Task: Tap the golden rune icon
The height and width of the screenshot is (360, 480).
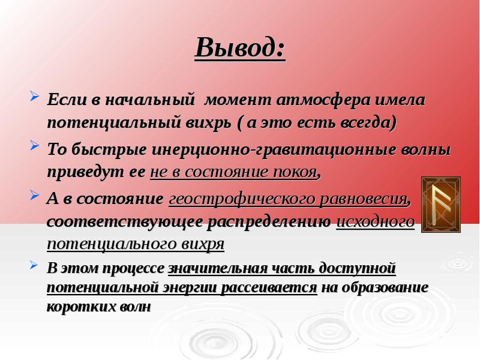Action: [x=441, y=205]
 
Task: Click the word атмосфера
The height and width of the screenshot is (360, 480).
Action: [x=323, y=100]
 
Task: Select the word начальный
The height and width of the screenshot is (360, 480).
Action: [x=150, y=100]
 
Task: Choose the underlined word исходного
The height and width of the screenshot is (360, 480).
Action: [x=376, y=222]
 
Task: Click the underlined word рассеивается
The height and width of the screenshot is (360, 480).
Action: [x=269, y=287]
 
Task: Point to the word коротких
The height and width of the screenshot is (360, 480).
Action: [x=80, y=307]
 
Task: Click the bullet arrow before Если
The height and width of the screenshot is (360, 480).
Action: [x=35, y=97]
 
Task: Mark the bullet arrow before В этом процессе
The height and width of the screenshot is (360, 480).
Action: [x=34, y=265]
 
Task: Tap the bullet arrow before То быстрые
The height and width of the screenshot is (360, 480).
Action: [x=35, y=145]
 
